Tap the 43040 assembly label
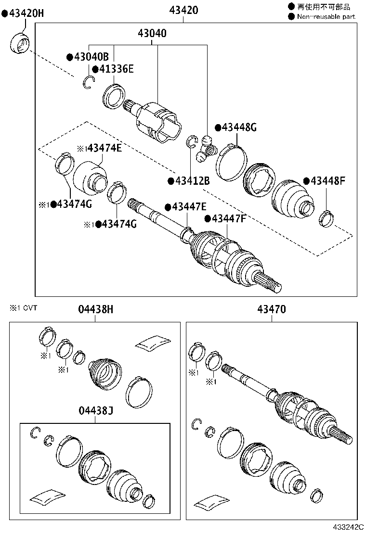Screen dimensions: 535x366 coord(152,34)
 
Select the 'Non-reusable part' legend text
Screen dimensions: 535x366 coord(326,16)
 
